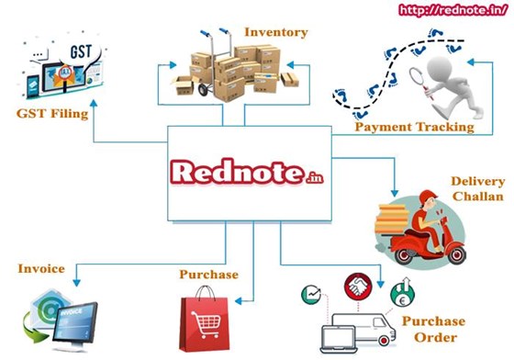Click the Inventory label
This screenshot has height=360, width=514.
pyautogui.click(x=276, y=33)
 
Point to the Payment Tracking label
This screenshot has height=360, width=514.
pyautogui.click(x=414, y=127)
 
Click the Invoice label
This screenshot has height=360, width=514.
pyautogui.click(x=40, y=269)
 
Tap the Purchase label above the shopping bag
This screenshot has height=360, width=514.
pyautogui.click(x=209, y=275)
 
